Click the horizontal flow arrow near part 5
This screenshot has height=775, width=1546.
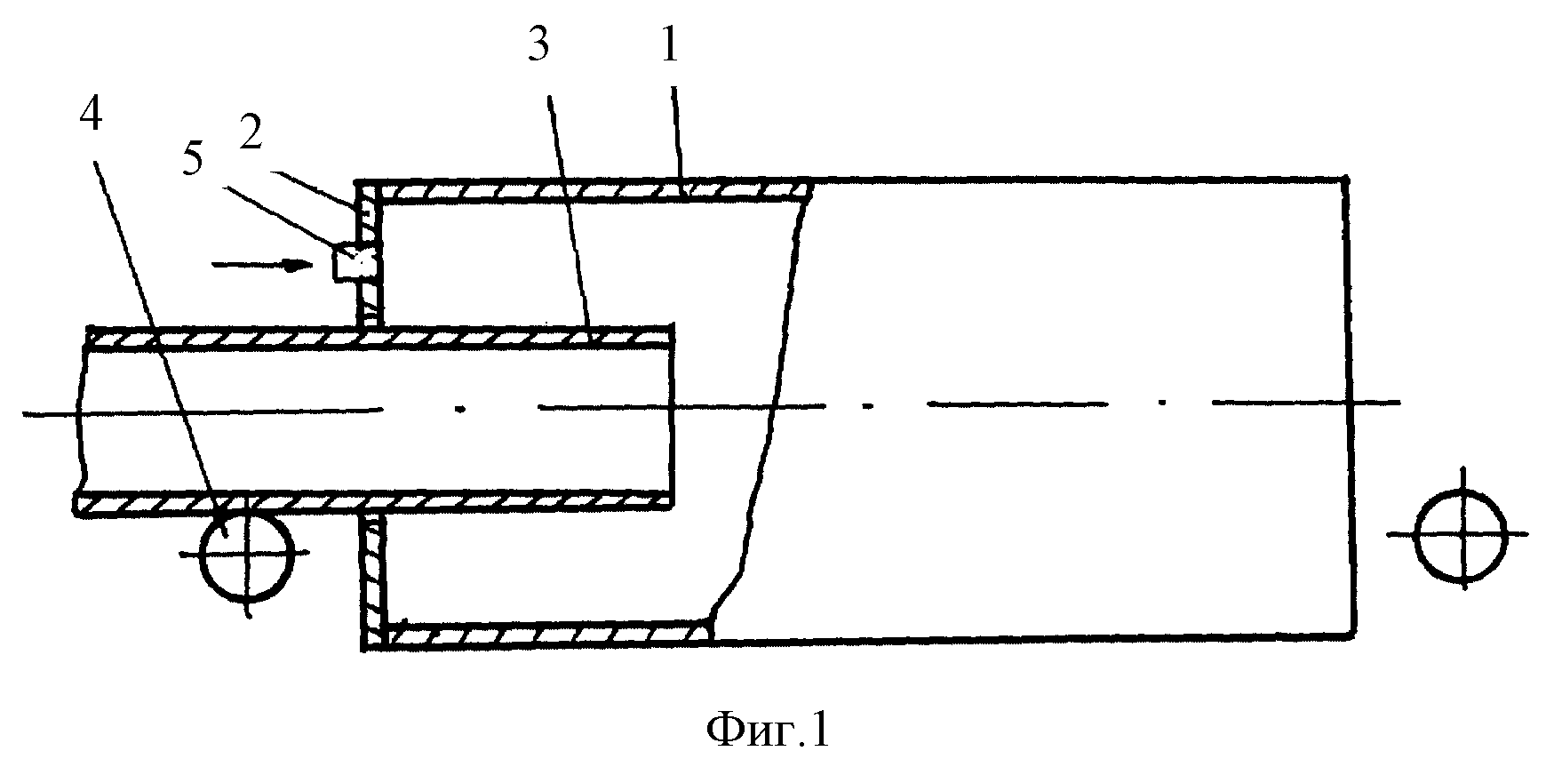point(264,263)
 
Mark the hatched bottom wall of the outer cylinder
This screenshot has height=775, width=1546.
point(550,632)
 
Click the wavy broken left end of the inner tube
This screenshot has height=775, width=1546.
point(79,418)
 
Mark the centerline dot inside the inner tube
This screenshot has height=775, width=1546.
point(459,409)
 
